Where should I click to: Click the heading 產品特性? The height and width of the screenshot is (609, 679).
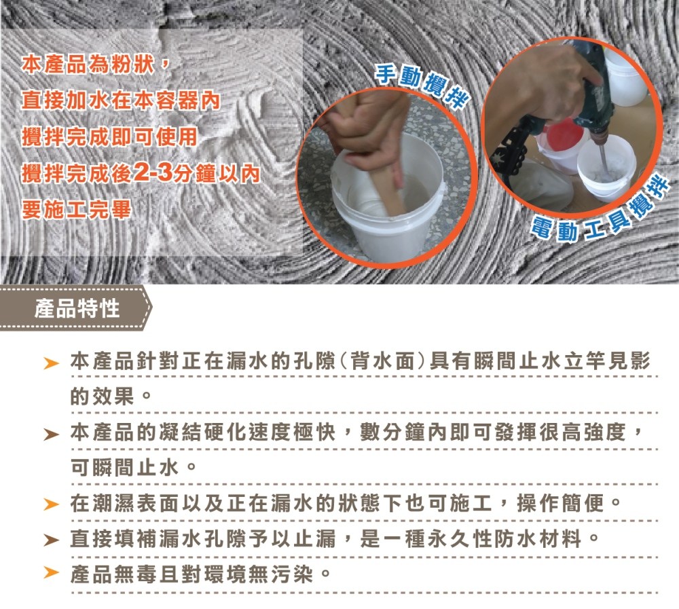click(x=77, y=309)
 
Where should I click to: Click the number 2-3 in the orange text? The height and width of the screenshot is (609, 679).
click(x=153, y=173)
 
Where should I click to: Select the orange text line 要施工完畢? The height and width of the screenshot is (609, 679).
click(x=76, y=210)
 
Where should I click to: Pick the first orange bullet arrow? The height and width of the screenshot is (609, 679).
click(x=51, y=363)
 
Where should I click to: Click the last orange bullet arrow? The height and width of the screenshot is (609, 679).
click(x=51, y=572)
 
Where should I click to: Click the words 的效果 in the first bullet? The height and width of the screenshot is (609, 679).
click(x=103, y=396)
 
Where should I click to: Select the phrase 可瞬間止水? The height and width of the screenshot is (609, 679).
click(x=124, y=467)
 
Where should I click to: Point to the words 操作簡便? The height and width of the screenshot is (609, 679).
click(x=561, y=503)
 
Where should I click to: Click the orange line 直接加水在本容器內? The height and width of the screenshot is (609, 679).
click(x=121, y=101)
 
